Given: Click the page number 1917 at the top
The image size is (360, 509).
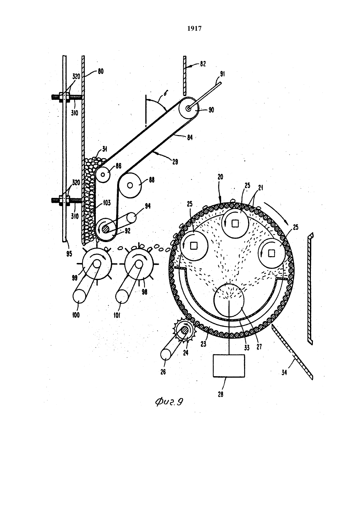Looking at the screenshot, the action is coord(194,28).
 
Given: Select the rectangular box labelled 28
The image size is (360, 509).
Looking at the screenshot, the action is coord(229,366).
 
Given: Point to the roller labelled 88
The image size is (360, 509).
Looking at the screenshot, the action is coord(130,185).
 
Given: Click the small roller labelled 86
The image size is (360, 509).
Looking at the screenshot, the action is coord(103,175).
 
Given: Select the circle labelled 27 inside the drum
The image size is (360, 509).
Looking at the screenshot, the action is coord(229,300).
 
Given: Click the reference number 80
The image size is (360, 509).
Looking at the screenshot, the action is coord(100,71).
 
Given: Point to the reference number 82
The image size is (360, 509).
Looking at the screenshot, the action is coord(203,64).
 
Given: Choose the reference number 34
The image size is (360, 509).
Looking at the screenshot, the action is coord(284,373).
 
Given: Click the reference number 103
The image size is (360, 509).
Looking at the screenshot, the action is coord(107,202).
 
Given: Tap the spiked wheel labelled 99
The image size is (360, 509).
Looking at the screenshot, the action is coord(97,264).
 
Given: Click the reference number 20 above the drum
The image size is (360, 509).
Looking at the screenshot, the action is coord(220,177).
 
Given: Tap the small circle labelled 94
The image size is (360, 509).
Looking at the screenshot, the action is coord(131,218).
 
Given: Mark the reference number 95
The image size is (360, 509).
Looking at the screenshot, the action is coord(69,254).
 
